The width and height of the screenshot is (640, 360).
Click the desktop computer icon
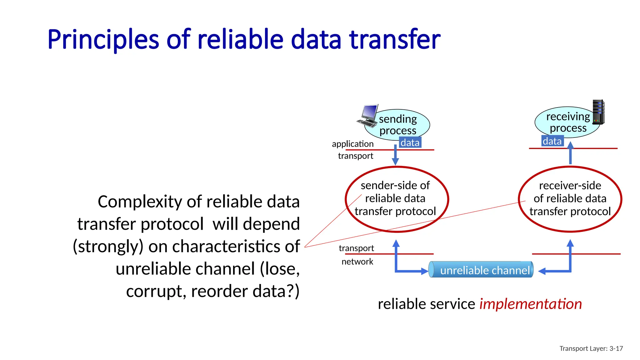[368, 116]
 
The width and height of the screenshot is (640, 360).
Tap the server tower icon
[598, 112]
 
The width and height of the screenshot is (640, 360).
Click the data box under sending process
[410, 142]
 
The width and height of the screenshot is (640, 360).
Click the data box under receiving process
[552, 141]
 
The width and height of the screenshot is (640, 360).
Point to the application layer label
[352, 144]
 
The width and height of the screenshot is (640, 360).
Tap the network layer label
[357, 262]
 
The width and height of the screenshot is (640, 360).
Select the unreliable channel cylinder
[481, 270]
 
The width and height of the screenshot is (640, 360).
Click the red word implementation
[530, 304]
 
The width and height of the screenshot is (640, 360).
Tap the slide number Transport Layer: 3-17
[591, 348]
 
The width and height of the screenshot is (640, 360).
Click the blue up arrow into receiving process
[570, 153]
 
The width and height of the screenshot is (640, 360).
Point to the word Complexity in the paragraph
[139, 202]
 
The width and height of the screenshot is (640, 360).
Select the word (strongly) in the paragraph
[108, 247]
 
